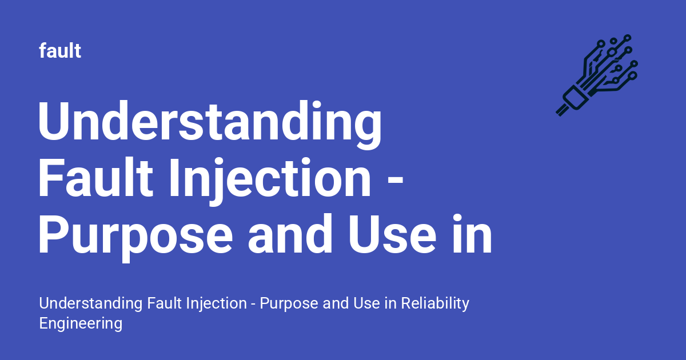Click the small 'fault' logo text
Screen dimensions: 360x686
tap(60, 51)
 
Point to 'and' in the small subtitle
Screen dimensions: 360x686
tap(334, 303)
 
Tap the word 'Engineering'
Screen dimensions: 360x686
tap(81, 323)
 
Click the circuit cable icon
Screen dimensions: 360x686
tap(597, 74)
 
